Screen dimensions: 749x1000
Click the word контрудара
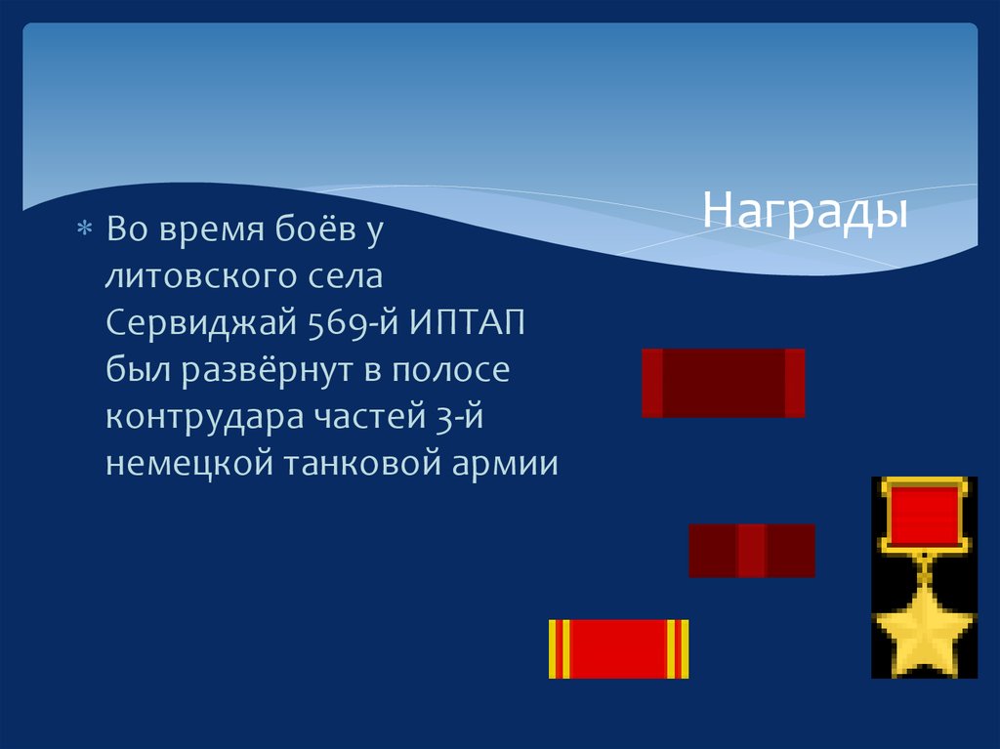pos(206,417)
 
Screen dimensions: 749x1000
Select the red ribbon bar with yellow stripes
pos(618,648)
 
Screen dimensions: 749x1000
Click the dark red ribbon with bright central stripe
pos(751,550)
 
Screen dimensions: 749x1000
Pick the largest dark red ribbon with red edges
pos(723,383)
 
